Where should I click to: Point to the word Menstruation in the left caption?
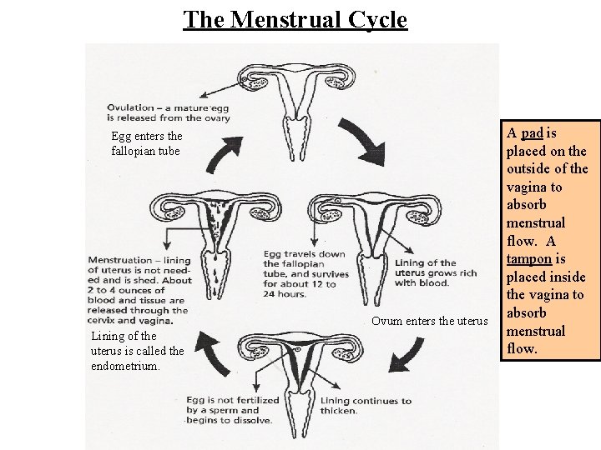(122, 260)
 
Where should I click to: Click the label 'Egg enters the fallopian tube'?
(146, 142)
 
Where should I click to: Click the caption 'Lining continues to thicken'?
(366, 406)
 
